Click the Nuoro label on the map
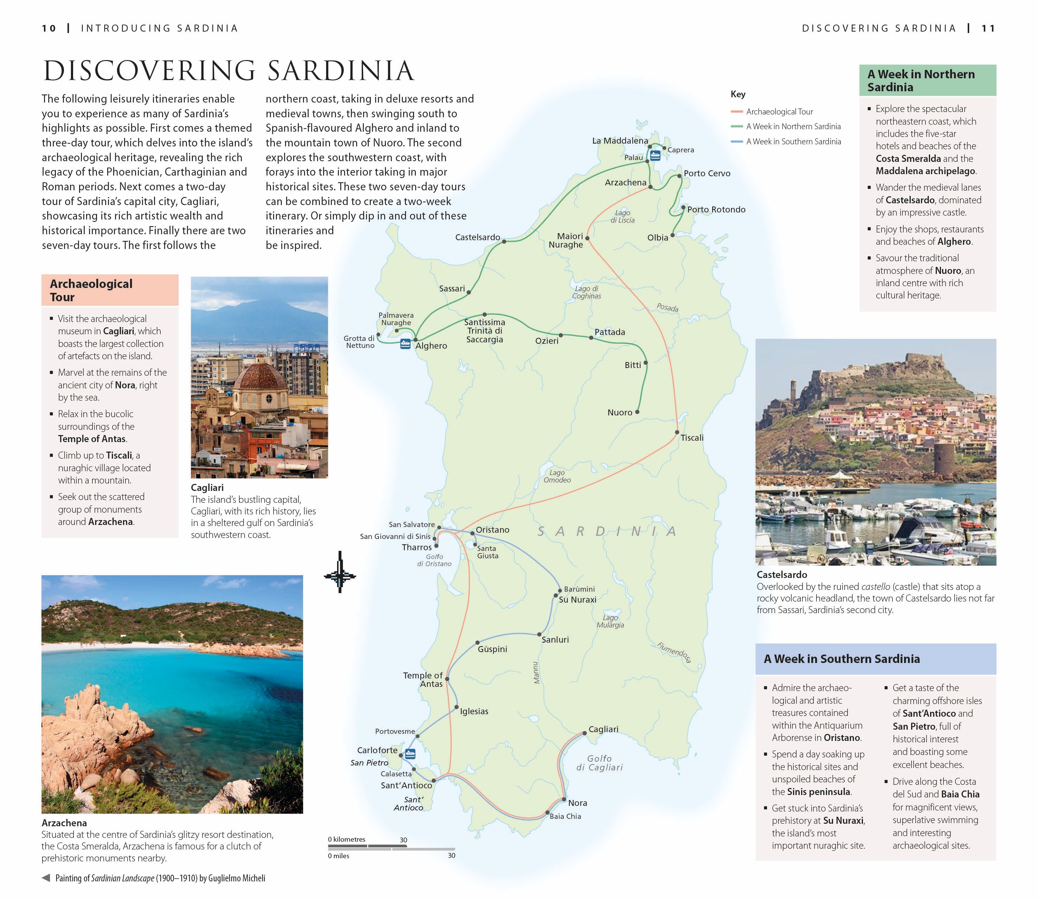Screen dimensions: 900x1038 point(619,412)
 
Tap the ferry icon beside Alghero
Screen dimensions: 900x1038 point(405,344)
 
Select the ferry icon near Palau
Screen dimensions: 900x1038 point(655,155)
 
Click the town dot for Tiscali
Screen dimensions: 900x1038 point(677,432)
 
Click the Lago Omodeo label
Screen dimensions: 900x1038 point(556,476)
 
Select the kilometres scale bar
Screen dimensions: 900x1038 point(367,846)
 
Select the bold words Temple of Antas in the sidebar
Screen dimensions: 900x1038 point(91,439)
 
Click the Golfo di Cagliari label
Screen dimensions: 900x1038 point(599,763)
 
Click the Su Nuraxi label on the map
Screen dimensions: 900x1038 point(577,600)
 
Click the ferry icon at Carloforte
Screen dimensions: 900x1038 point(410,753)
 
